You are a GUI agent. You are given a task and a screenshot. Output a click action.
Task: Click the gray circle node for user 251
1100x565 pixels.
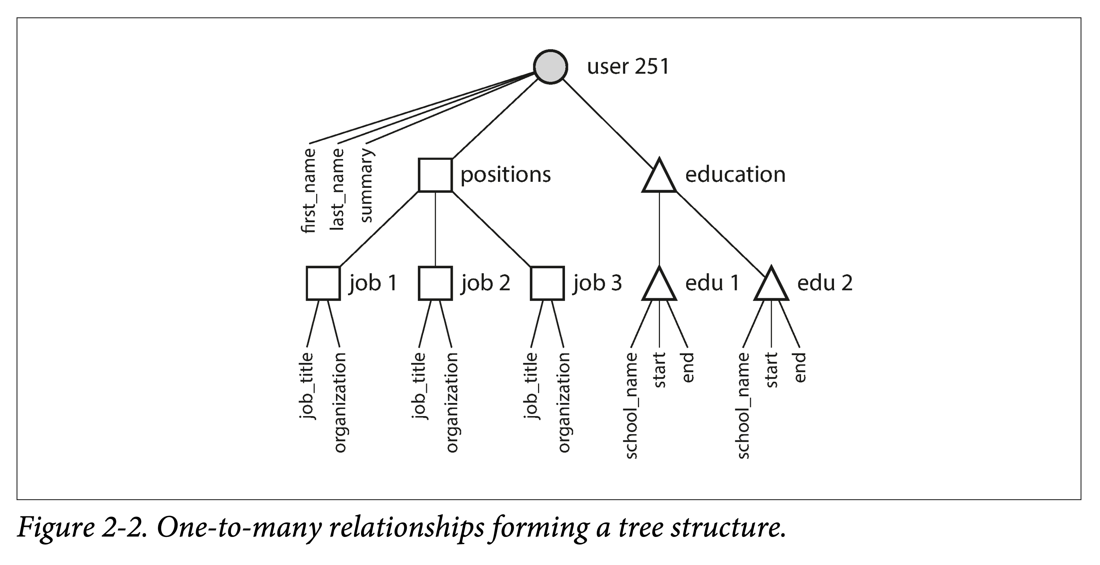click(550, 67)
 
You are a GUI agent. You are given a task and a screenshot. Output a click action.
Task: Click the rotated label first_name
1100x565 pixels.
click(309, 190)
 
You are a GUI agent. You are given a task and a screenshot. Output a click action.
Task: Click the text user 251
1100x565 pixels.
click(628, 67)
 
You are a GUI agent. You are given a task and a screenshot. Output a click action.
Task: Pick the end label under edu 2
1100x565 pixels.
click(800, 367)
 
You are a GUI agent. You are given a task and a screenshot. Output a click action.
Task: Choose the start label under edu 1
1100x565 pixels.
click(660, 370)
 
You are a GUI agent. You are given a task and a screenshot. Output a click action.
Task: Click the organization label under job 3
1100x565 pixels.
click(564, 402)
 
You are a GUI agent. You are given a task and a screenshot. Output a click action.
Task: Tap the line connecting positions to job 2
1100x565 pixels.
click(435, 229)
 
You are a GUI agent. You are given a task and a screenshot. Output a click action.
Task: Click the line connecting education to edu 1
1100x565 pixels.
click(659, 229)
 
